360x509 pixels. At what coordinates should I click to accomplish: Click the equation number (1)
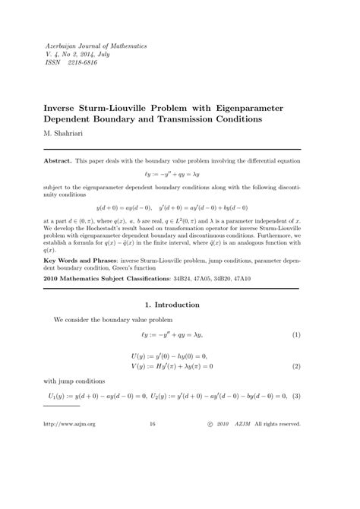pyautogui.click(x=296, y=334)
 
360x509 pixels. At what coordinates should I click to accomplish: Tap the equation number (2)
pyautogui.click(x=296, y=366)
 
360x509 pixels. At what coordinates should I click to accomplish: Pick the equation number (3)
pyautogui.click(x=296, y=396)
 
